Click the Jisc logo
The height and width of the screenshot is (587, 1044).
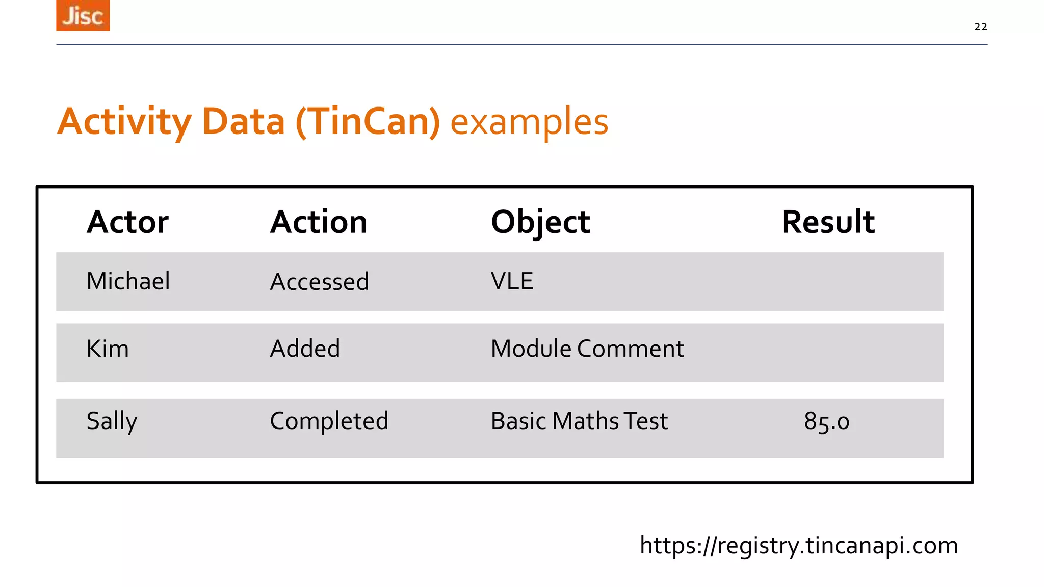tap(83, 15)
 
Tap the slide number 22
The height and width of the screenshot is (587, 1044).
tap(980, 26)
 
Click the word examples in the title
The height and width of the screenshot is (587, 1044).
tap(529, 122)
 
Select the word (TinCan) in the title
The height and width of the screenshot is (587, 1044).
tap(368, 122)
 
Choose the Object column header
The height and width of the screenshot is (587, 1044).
tap(540, 222)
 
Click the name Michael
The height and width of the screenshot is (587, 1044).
tap(128, 281)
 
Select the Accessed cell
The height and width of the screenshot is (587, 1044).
tap(319, 281)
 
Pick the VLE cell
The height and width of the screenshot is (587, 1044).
tap(512, 281)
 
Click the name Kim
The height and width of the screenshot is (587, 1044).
tap(108, 349)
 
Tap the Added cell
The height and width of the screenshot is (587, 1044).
tap(305, 349)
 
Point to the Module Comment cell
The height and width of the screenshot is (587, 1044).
tap(587, 349)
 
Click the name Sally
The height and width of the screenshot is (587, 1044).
tap(112, 421)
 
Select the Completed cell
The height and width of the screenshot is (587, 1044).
tap(329, 421)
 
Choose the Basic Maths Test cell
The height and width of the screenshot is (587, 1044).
tap(579, 421)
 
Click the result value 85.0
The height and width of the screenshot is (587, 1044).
tap(826, 421)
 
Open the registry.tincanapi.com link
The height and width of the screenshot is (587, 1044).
tap(799, 545)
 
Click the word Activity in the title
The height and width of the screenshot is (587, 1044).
tap(124, 122)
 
